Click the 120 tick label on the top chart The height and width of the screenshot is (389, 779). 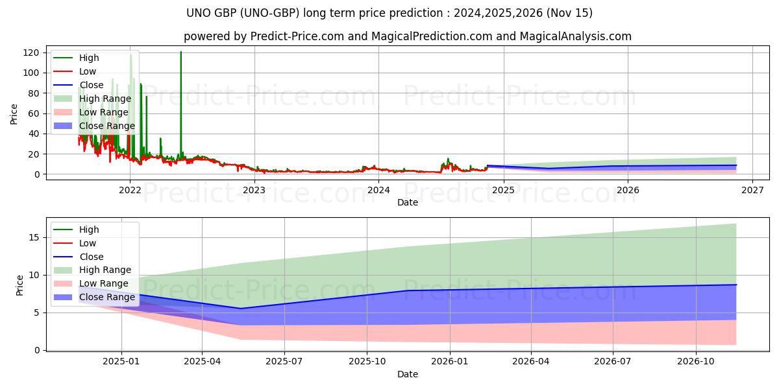tap(31, 53)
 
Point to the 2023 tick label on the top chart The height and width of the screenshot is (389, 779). tap(254, 191)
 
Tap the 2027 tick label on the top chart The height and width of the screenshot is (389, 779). tap(752, 191)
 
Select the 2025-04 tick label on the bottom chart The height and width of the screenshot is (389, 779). tap(202, 362)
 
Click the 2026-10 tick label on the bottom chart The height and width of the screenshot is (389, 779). tap(696, 362)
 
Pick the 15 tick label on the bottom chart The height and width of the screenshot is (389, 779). tap(34, 237)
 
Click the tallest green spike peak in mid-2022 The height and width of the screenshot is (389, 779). tap(181, 52)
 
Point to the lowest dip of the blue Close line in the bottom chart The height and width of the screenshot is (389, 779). tap(241, 309)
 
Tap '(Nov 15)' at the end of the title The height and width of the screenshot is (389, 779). tap(569, 13)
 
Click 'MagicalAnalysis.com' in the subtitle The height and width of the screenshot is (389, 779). tap(576, 36)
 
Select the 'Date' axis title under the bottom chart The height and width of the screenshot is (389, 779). tap(408, 375)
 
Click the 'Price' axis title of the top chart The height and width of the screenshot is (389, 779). tap(14, 114)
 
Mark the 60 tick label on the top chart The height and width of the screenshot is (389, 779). tap(33, 113)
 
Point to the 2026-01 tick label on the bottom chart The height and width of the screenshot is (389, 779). tap(450, 362)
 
